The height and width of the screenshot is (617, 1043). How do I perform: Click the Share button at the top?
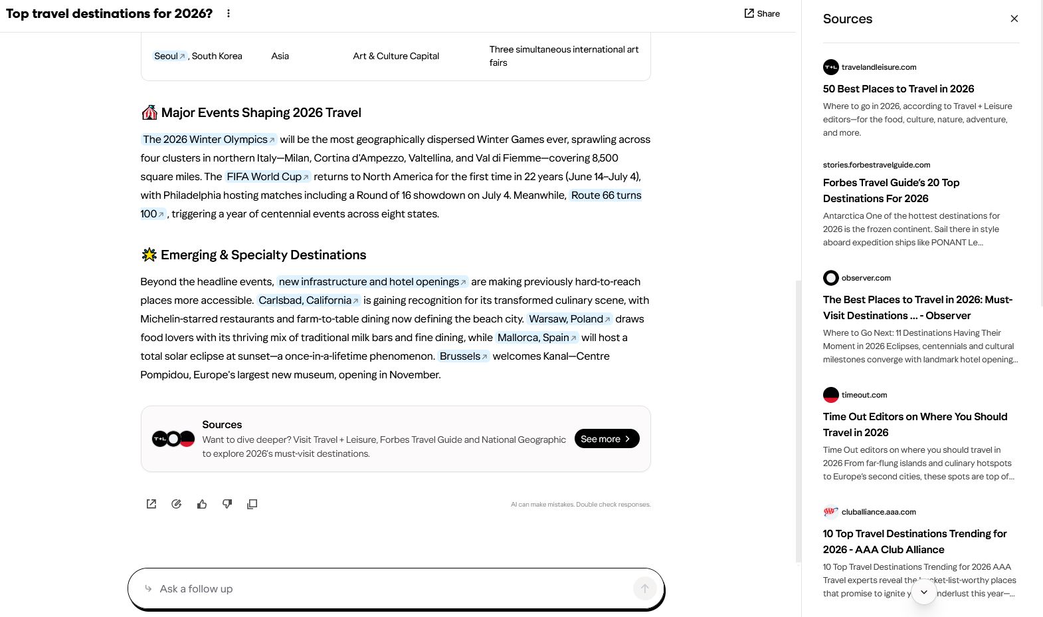click(762, 13)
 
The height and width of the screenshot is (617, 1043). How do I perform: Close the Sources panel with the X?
click(1014, 19)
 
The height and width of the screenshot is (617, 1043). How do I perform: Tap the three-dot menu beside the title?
click(229, 13)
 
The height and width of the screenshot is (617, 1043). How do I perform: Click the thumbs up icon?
click(202, 504)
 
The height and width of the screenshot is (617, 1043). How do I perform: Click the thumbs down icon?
click(227, 504)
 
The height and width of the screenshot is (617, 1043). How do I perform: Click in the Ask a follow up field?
click(385, 588)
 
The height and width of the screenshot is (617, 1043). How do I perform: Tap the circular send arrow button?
click(644, 588)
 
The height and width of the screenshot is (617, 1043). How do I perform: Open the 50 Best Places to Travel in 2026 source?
click(898, 88)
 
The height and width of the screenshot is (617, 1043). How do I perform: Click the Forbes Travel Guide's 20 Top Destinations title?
click(891, 190)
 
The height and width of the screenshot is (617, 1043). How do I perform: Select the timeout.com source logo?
click(831, 395)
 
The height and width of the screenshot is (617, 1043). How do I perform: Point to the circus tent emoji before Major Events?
click(149, 112)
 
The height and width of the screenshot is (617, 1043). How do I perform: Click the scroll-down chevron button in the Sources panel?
click(923, 592)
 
